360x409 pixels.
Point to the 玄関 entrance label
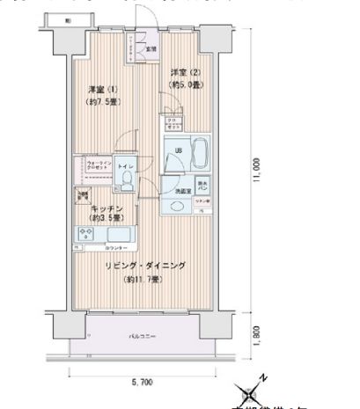pos(151,48)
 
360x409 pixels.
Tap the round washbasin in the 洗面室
pos(177,207)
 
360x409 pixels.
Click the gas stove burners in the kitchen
pos(88,234)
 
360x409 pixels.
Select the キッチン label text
pos(106,209)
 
